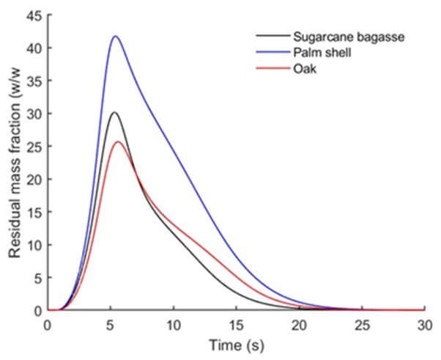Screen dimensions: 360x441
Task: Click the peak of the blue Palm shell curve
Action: [115, 36]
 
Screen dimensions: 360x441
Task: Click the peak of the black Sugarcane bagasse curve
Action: [114, 112]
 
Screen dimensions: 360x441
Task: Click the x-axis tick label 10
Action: [174, 324]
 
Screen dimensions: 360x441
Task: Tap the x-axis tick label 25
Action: [362, 324]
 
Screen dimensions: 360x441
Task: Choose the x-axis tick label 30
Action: [424, 324]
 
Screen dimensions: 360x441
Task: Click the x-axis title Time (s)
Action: [236, 343]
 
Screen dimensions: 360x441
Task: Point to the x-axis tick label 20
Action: [299, 324]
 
